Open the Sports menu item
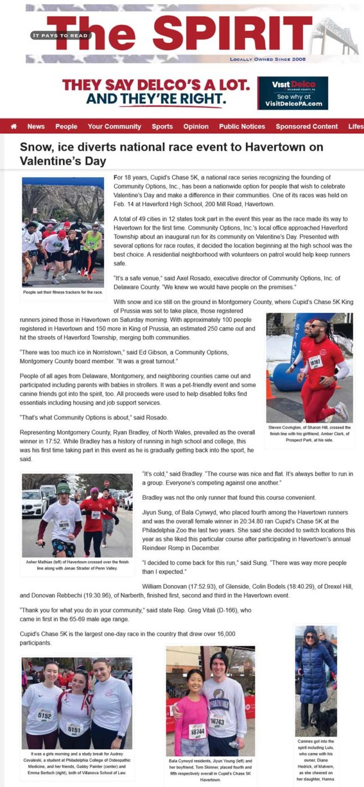pos(162,126)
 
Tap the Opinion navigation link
pos(196,126)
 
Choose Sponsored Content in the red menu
pos(307,126)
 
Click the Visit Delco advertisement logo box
pos(293,93)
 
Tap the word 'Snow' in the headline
pos(34,148)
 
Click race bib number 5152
pos(45,714)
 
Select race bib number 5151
pos(75,729)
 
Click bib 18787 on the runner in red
pos(315,363)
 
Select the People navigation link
pos(66,126)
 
